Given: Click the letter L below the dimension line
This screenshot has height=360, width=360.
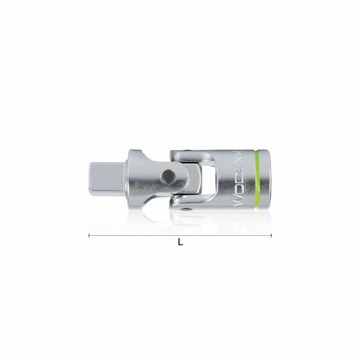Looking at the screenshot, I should coord(180,243).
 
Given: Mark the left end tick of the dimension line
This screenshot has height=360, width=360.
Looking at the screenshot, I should coord(89,235).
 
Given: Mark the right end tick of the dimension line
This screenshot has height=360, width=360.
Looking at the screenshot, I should coord(271,235).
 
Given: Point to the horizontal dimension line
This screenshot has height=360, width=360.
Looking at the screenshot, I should coord(180,235).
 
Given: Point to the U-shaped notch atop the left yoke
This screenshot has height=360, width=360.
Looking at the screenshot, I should coord(161,150).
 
